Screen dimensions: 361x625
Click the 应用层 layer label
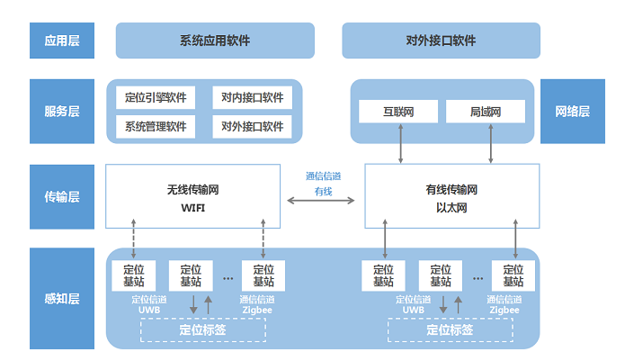pyautogui.click(x=62, y=41)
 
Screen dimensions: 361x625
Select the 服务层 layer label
pyautogui.click(x=62, y=112)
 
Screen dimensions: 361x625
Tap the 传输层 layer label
pyautogui.click(x=62, y=196)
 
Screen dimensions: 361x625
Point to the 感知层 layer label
pyautogui.click(x=62, y=298)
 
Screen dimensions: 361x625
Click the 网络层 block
pyautogui.click(x=572, y=112)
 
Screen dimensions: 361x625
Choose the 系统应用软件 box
pyautogui.click(x=215, y=41)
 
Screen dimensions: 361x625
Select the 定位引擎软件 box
pyautogui.click(x=156, y=97)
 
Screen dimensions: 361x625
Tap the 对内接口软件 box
pyautogui.click(x=253, y=97)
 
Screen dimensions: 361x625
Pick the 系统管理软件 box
pyautogui.click(x=156, y=126)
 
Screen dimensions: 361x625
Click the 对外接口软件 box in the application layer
pyautogui.click(x=441, y=41)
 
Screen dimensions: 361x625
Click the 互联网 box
pyautogui.click(x=397, y=113)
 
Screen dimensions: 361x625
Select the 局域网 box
pyautogui.click(x=485, y=113)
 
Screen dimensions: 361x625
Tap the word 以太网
pyautogui.click(x=451, y=208)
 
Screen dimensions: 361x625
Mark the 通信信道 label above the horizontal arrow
pyautogui.click(x=323, y=176)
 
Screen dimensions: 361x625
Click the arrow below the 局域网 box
pyautogui.click(x=491, y=144)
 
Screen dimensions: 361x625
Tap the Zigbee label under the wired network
pyautogui.click(x=504, y=309)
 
